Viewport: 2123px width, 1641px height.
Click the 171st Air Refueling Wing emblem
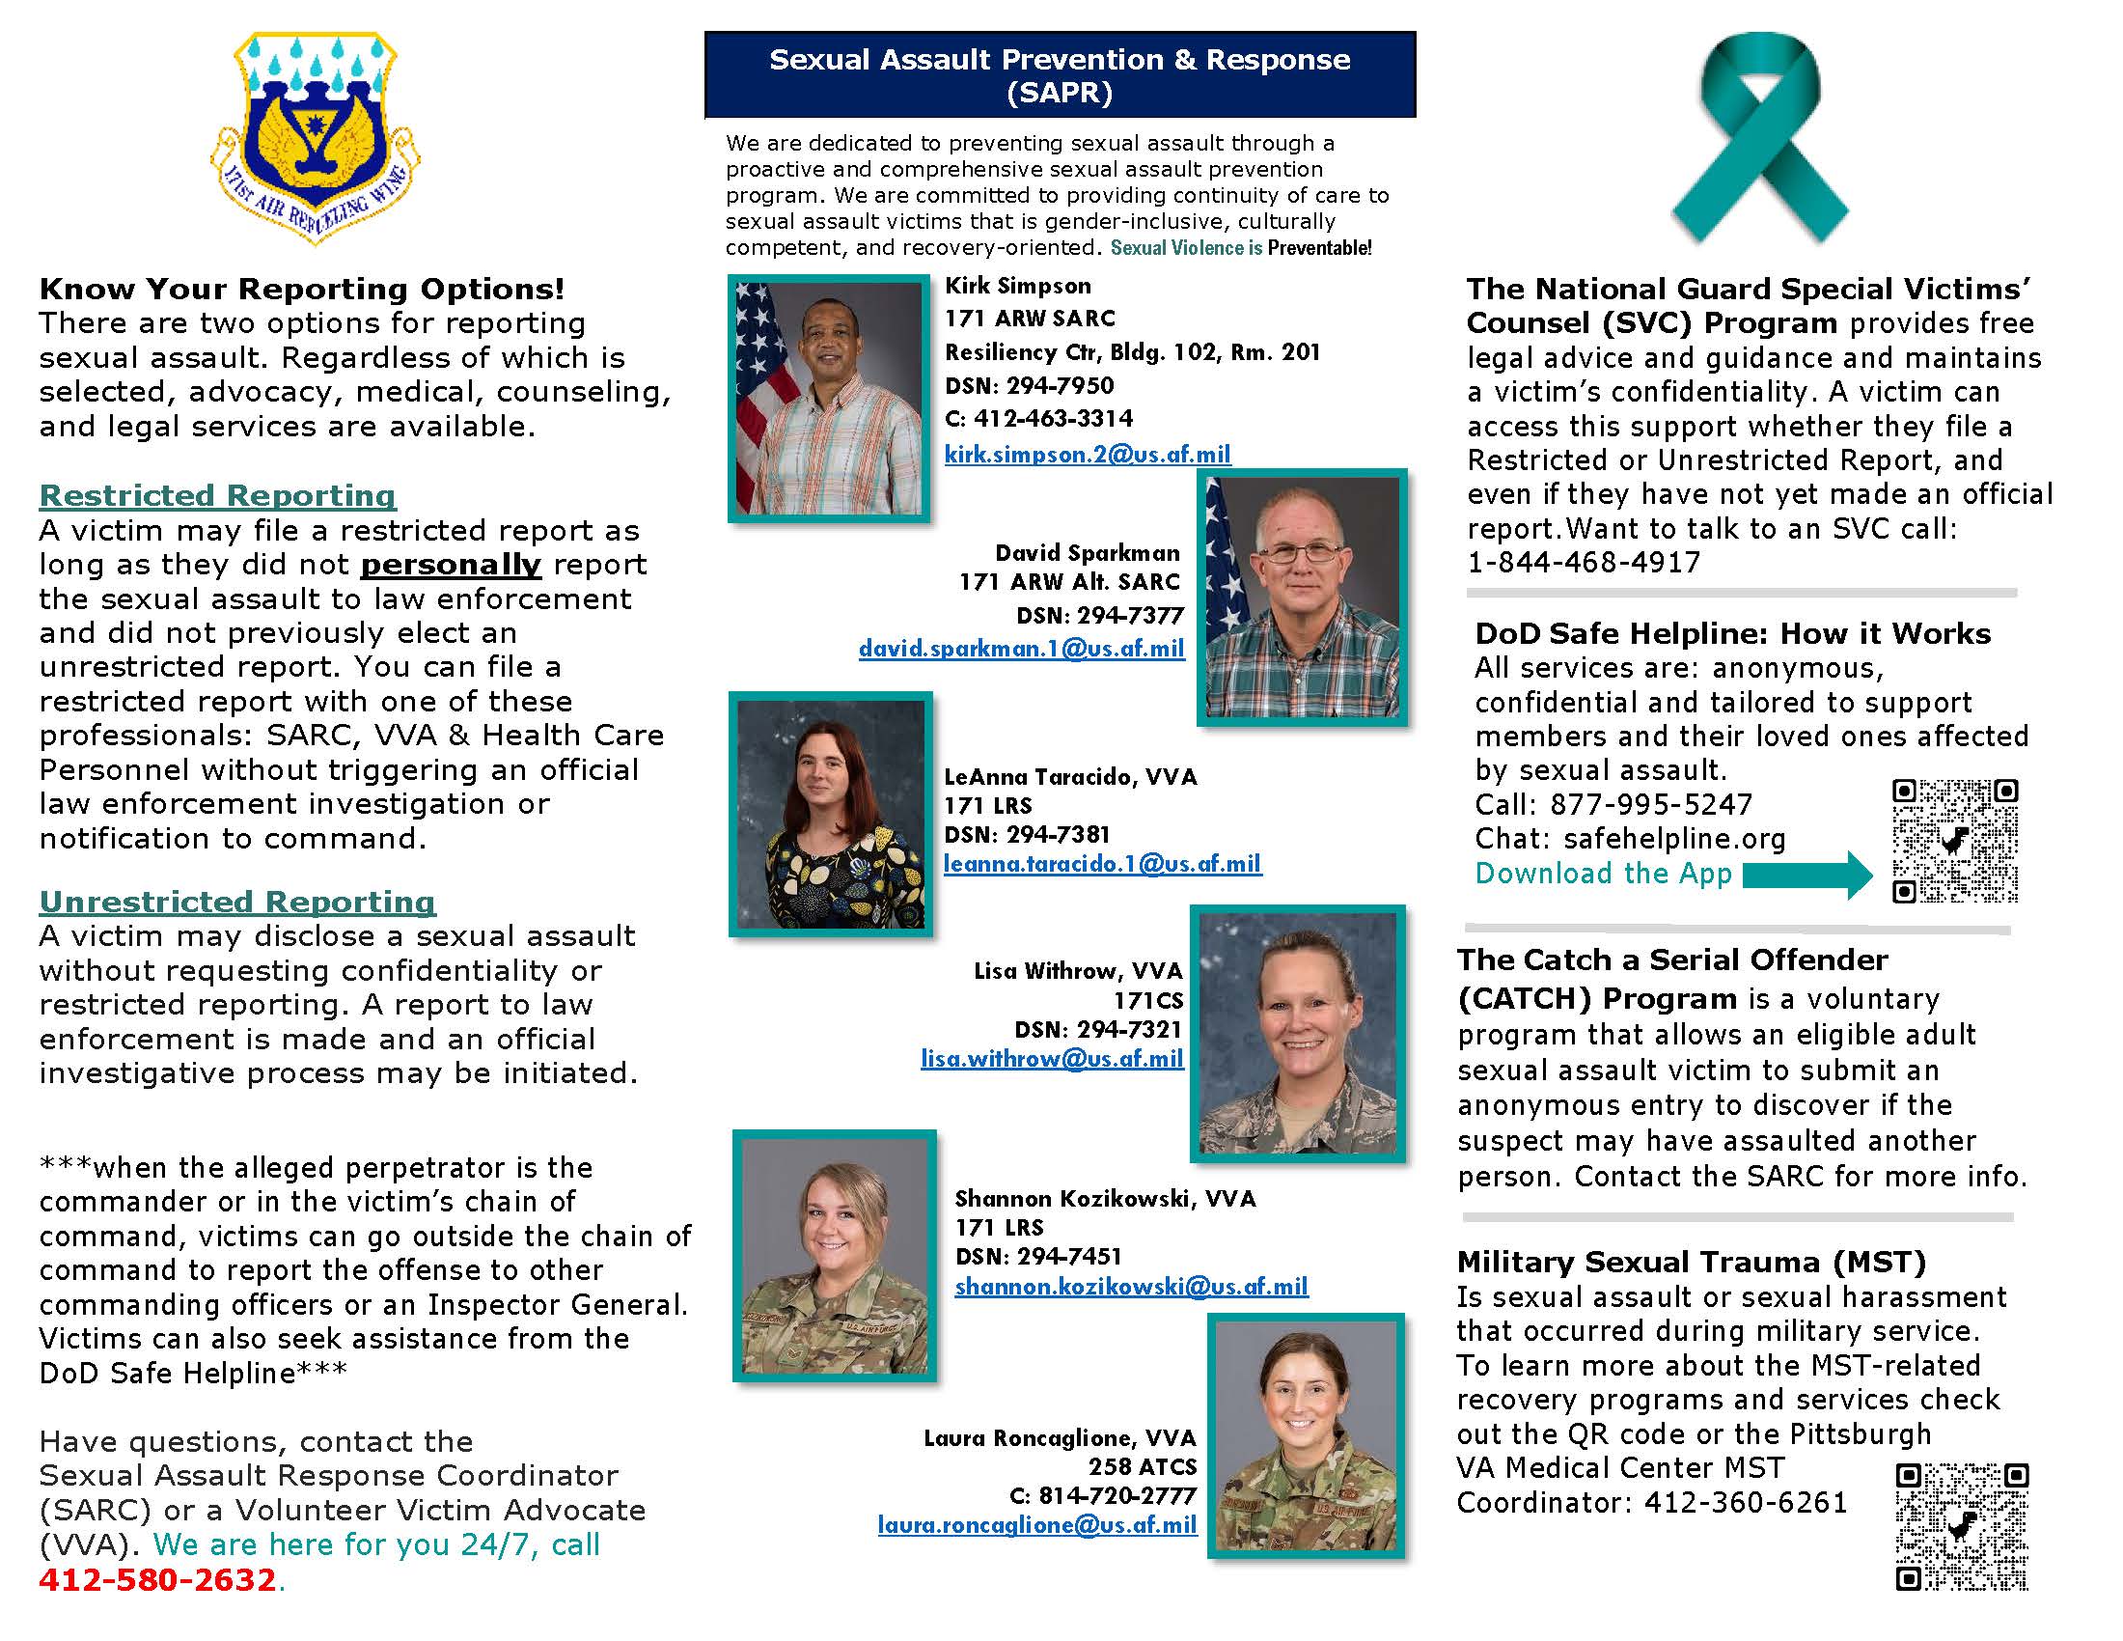pyautogui.click(x=314, y=136)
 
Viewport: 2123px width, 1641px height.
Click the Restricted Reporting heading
pyautogui.click(x=217, y=495)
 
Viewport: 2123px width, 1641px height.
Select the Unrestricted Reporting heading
pyautogui.click(x=237, y=902)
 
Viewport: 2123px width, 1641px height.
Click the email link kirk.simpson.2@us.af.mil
pyautogui.click(x=1088, y=454)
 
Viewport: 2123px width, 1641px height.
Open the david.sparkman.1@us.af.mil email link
pyautogui.click(x=1021, y=649)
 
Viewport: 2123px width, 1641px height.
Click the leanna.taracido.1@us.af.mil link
pyautogui.click(x=1102, y=863)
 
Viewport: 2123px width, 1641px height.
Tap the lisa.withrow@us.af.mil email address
pyautogui.click(x=1052, y=1059)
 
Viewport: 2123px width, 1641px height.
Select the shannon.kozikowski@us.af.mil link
pyautogui.click(x=1131, y=1286)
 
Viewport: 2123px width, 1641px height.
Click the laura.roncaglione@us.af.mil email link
pyautogui.click(x=1036, y=1524)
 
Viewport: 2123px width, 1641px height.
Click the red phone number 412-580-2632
pyautogui.click(x=158, y=1580)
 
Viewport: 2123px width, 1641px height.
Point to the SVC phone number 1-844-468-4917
pyautogui.click(x=1584, y=562)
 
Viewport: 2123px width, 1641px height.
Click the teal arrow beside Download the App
pyautogui.click(x=1806, y=874)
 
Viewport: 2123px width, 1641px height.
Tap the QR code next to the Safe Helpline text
pyautogui.click(x=1954, y=841)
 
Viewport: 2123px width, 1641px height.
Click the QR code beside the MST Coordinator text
pyautogui.click(x=1961, y=1526)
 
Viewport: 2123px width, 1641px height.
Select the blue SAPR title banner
pyautogui.click(x=1060, y=75)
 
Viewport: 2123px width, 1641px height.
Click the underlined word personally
pyautogui.click(x=450, y=565)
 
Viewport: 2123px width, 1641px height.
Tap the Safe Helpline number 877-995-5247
pyautogui.click(x=1650, y=804)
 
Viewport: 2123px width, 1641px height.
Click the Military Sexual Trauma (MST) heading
pyautogui.click(x=1691, y=1262)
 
